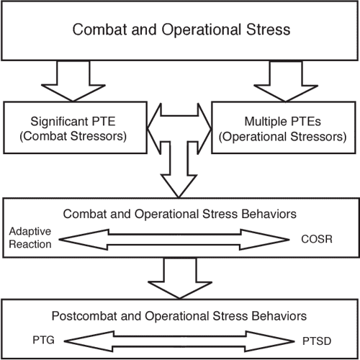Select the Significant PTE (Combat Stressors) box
[x=75, y=127]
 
